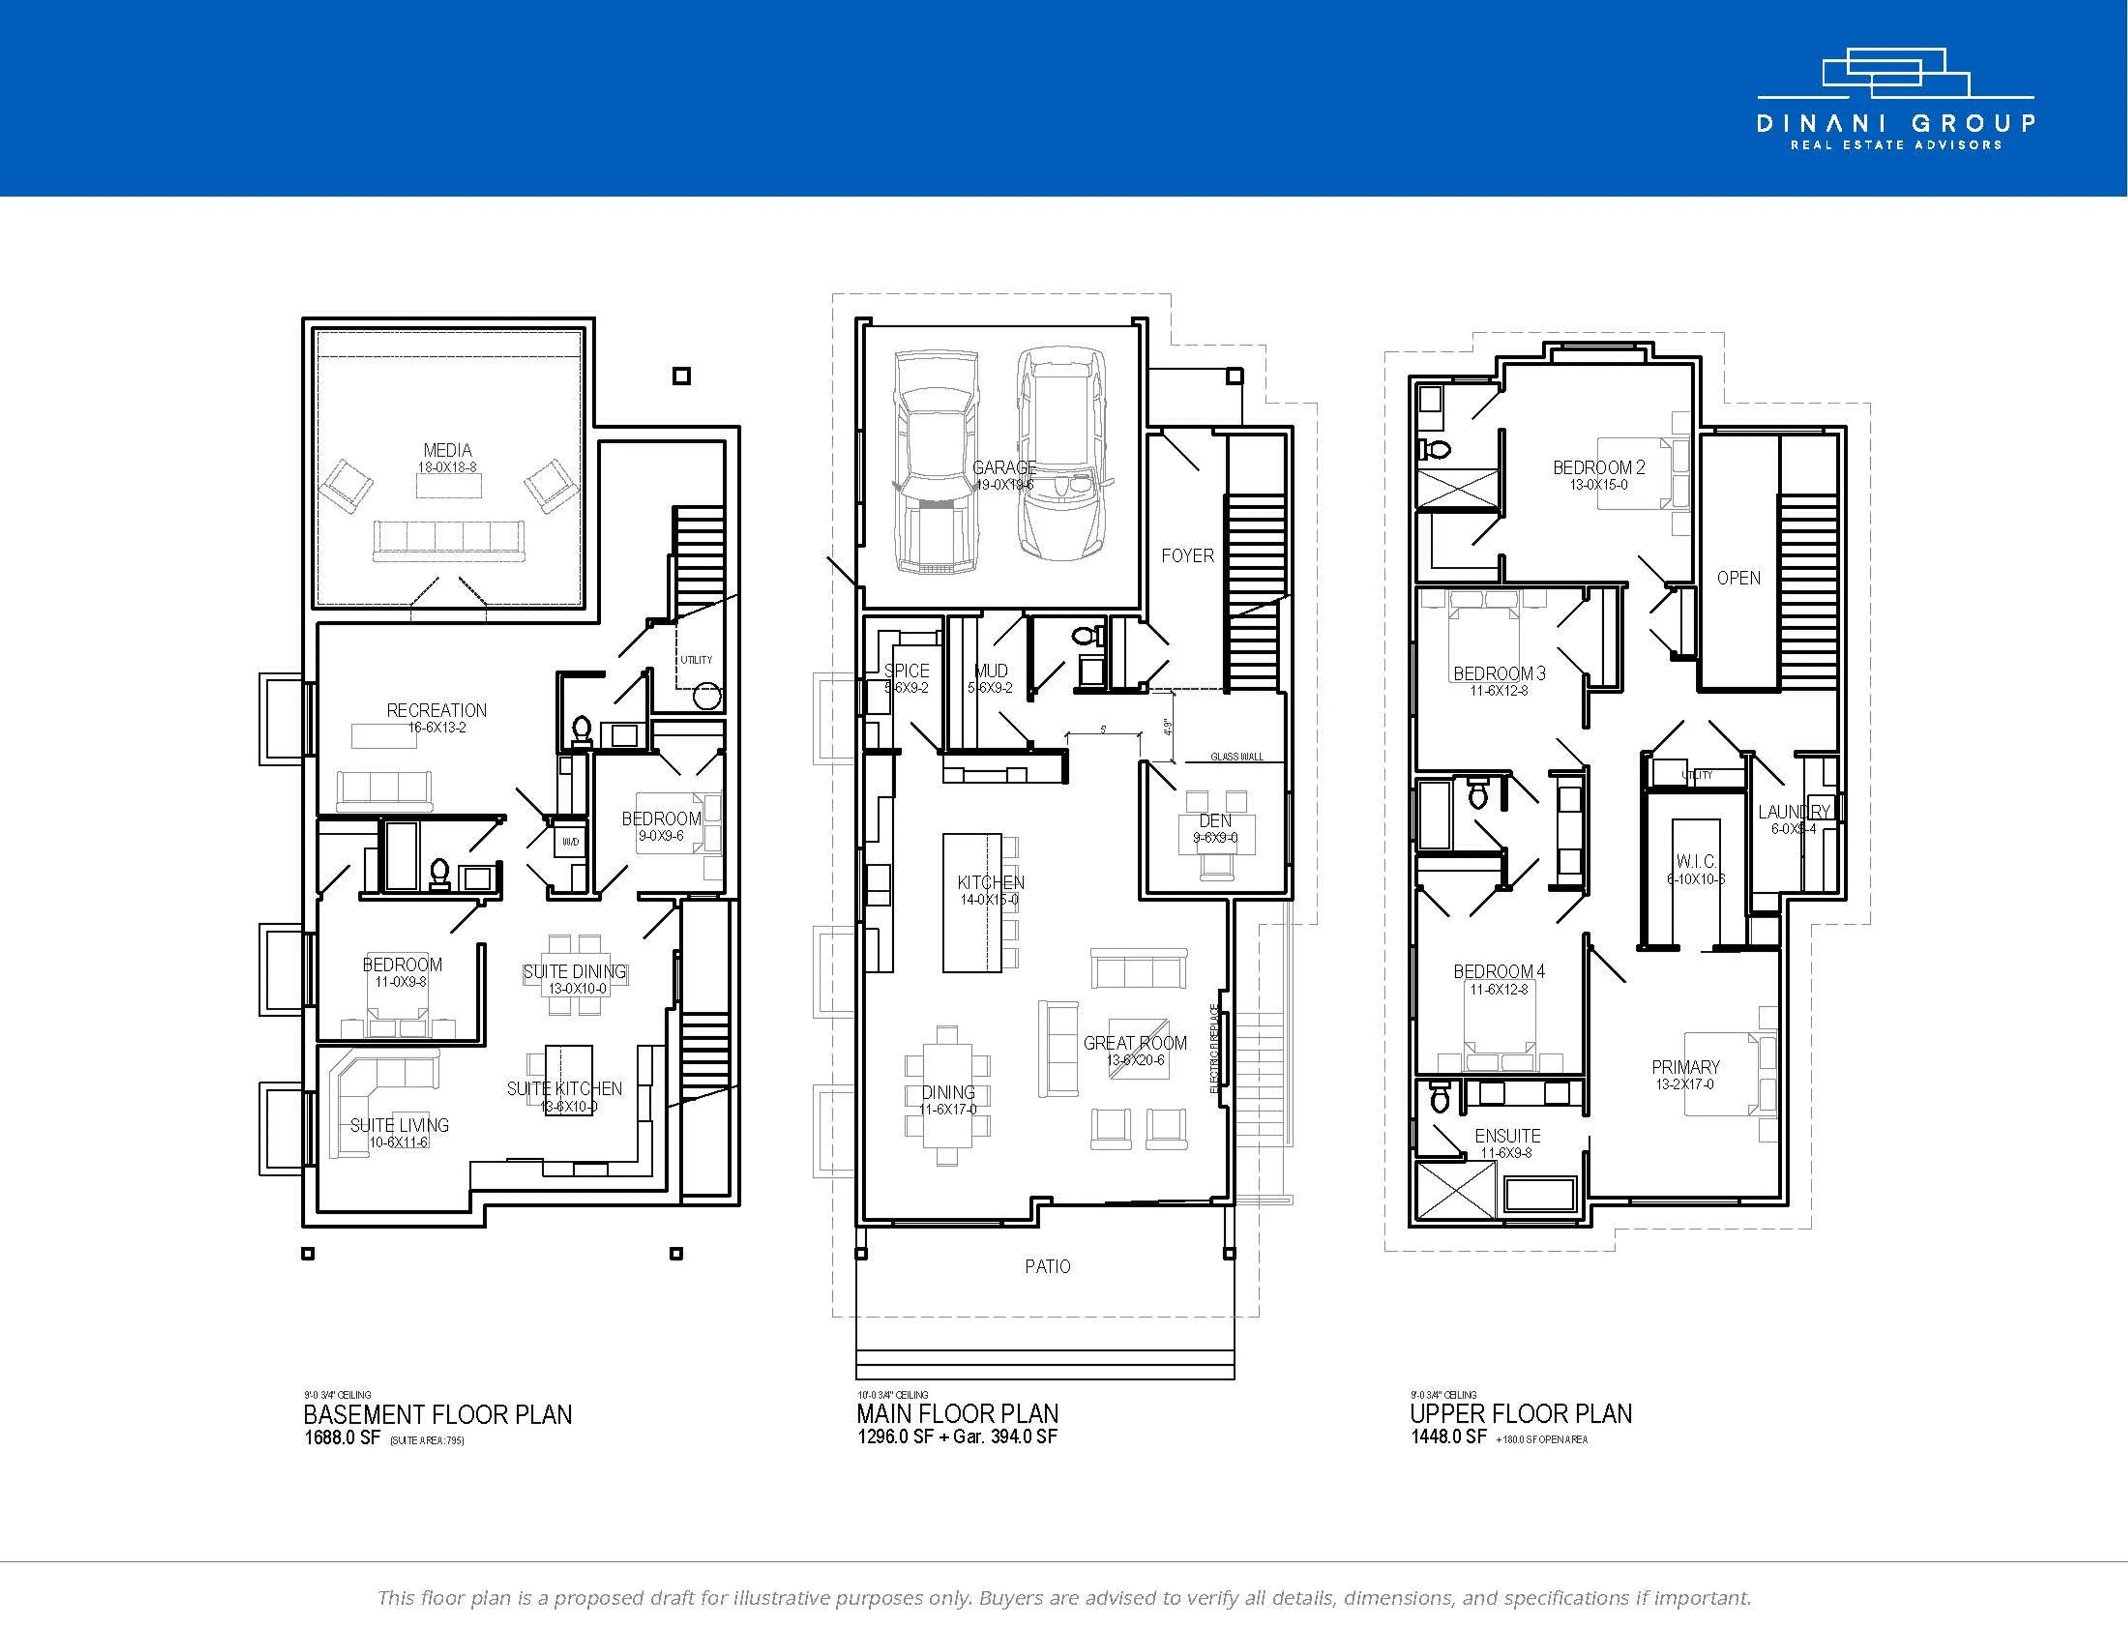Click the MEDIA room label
coord(447,450)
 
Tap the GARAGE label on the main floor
coord(1004,468)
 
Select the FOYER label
coord(1187,555)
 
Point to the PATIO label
coord(1047,1266)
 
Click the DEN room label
coord(1215,821)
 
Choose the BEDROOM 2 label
coord(1598,468)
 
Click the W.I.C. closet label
coord(1696,862)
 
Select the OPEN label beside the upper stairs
coord(1738,578)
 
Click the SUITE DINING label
coord(574,971)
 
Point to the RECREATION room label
coord(437,710)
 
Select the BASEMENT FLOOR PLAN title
coord(437,1414)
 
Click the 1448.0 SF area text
coord(1448,1436)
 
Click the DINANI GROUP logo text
coord(1895,124)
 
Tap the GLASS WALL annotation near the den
coord(1236,756)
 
